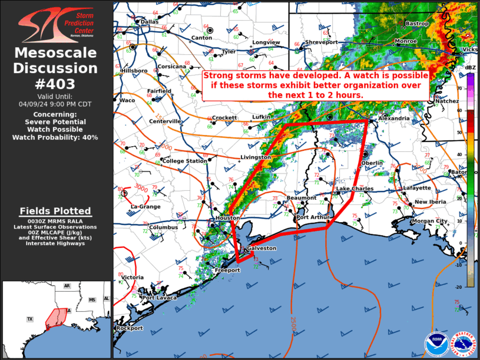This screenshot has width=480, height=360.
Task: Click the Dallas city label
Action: click(x=150, y=22)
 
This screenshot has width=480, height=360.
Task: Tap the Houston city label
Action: click(x=227, y=218)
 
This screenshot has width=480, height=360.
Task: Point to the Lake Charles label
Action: click(x=355, y=189)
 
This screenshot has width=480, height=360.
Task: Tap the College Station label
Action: click(x=184, y=161)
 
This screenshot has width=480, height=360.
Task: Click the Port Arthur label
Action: click(x=312, y=217)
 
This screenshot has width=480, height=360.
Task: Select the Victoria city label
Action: click(x=133, y=277)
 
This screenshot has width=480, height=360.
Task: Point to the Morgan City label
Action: click(x=430, y=221)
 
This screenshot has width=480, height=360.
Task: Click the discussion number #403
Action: click(x=56, y=84)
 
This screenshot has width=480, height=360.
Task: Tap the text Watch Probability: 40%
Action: click(x=55, y=137)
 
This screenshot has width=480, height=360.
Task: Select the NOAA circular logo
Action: click(x=435, y=344)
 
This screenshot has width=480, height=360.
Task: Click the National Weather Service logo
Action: click(x=464, y=344)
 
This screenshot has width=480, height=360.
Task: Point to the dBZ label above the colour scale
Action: click(x=470, y=68)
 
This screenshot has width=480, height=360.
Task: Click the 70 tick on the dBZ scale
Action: click(x=459, y=88)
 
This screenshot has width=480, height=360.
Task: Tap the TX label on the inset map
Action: click(x=29, y=319)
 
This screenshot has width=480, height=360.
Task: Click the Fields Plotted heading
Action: click(x=55, y=211)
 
